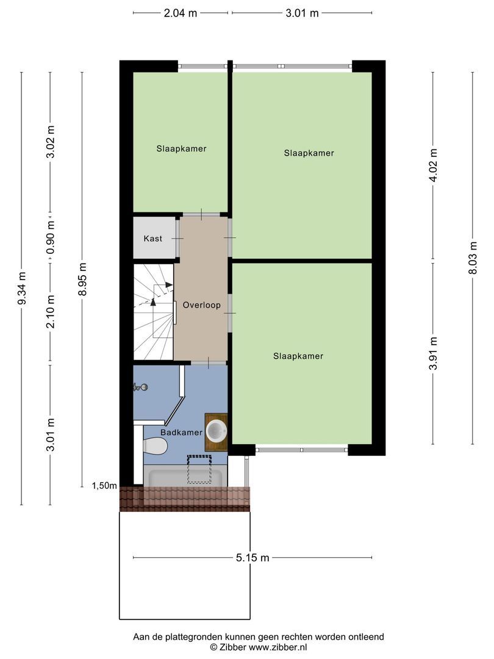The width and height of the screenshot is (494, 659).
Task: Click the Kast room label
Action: pos(152,239)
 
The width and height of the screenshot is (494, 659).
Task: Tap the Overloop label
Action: pos(202,305)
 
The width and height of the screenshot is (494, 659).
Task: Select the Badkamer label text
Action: pos(182,433)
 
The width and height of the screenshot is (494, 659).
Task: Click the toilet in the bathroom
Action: pos(156,445)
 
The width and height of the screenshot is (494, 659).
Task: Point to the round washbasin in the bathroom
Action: pos(217,431)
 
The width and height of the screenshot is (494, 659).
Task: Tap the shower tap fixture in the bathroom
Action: pos(140,387)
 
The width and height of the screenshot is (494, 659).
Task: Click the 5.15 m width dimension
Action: pos(252,558)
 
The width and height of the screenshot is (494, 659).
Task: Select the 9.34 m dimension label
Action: pos(22,288)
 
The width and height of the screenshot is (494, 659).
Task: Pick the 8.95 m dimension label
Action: pos(82,279)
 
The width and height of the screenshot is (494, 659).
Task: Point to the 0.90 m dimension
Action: pos(51,239)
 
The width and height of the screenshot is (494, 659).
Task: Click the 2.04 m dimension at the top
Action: pos(180,13)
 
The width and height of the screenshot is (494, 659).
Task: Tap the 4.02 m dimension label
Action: pos(433,165)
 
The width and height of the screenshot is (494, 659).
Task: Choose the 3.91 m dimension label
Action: pos(433,353)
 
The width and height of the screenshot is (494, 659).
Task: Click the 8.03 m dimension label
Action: pos(473,257)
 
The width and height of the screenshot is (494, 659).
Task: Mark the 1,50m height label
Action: pos(105,486)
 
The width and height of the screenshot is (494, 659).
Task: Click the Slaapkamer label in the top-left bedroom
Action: pos(182,149)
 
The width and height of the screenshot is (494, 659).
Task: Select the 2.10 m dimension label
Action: pos(51,311)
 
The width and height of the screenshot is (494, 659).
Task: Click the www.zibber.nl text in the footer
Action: pos(277,647)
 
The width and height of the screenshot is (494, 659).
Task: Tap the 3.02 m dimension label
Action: pos(51,142)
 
